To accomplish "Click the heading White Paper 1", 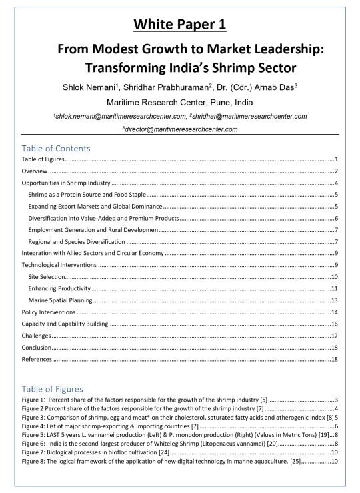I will point(179,25).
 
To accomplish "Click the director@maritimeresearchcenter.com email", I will point(181,128).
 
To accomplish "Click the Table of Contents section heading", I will point(56,148).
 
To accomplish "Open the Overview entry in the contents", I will point(35,171).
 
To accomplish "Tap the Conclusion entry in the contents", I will point(37,348).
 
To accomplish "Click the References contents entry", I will point(37,360).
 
